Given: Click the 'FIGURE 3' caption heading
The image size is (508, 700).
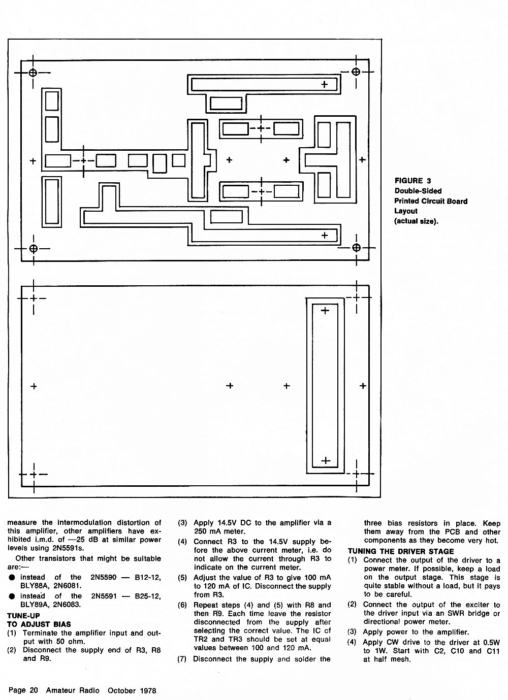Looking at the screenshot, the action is point(412,181).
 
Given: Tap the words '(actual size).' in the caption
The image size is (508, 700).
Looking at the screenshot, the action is point(416,221).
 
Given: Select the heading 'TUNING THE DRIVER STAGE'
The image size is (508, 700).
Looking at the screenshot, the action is point(401,552).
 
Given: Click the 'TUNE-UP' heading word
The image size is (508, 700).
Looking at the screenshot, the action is point(23,616).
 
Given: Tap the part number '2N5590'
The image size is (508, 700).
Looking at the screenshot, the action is point(103,577).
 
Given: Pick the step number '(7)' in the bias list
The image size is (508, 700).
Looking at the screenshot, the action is point(182,659).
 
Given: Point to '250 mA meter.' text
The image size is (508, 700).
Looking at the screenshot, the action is point(219,531).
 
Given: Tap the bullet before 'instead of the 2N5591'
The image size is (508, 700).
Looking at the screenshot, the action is point(12,596).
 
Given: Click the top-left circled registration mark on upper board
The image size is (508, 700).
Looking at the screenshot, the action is point(33,73).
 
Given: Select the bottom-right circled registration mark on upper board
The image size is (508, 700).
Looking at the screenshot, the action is point(356,248).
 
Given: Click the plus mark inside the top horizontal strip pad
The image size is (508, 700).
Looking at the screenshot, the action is point(325,84).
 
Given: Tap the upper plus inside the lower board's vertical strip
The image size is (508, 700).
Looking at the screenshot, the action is point(325,311).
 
